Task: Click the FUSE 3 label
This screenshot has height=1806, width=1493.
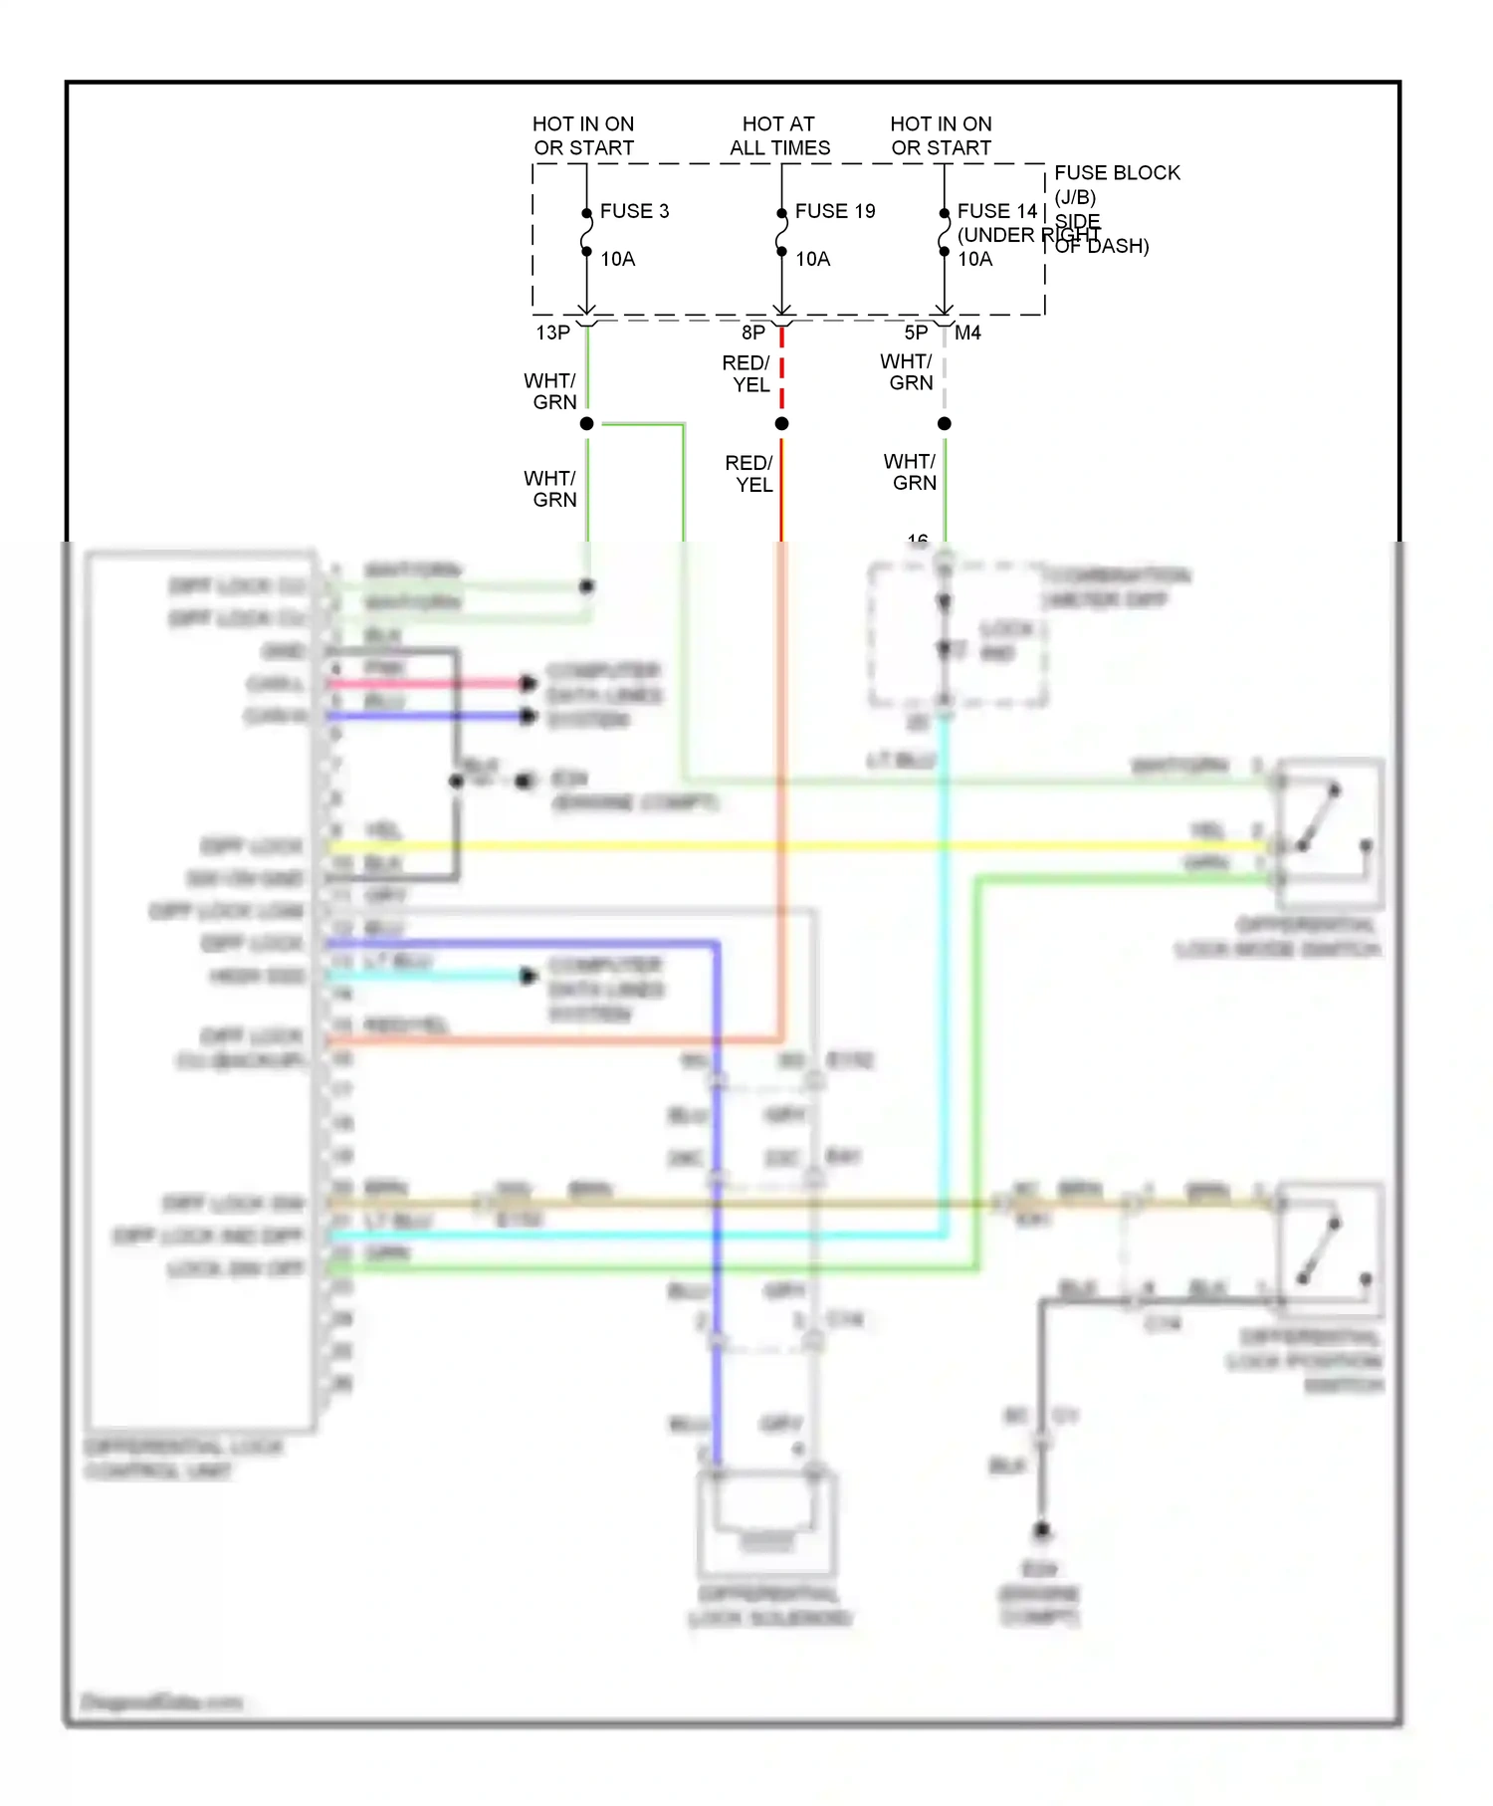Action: click(634, 211)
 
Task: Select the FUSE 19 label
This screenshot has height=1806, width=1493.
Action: click(834, 211)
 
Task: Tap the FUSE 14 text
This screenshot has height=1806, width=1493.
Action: click(996, 211)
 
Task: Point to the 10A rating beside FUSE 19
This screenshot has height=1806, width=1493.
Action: click(812, 259)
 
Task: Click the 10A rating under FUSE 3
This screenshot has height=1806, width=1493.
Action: click(617, 259)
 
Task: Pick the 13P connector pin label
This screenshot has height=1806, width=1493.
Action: click(552, 333)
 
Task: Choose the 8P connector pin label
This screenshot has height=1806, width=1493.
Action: click(753, 333)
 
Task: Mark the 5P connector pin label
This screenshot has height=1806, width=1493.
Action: click(916, 333)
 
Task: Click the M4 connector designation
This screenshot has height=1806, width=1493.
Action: click(967, 333)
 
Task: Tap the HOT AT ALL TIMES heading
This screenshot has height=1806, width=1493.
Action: click(779, 135)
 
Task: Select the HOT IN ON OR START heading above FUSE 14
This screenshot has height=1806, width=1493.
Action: click(941, 135)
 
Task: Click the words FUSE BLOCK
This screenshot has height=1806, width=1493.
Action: click(1117, 173)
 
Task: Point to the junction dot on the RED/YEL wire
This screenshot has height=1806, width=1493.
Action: click(782, 424)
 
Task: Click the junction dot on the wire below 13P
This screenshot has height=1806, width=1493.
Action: click(587, 424)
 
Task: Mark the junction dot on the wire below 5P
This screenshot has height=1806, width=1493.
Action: click(945, 424)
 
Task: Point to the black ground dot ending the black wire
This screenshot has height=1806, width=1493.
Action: click(1042, 1530)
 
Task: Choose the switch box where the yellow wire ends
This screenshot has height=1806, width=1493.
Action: click(1330, 834)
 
